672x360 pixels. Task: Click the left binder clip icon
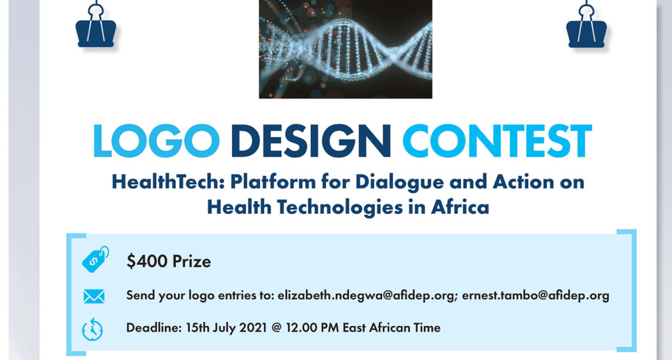(x=96, y=27)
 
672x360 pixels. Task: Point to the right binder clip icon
(x=586, y=27)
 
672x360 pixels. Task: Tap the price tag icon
(x=94, y=260)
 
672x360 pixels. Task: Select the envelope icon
(x=94, y=296)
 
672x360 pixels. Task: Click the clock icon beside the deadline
(x=93, y=329)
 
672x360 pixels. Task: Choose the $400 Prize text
(x=168, y=262)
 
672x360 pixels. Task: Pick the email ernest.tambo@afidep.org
(x=536, y=295)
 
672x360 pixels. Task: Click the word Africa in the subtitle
(x=460, y=206)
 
